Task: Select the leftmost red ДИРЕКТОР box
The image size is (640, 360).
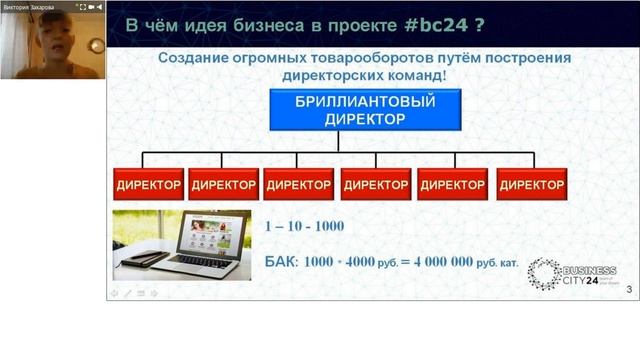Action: click(147, 185)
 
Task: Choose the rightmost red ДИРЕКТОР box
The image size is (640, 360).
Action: click(532, 185)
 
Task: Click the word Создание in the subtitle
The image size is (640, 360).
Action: click(195, 58)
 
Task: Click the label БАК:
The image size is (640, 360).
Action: click(281, 262)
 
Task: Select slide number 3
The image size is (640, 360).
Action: click(628, 290)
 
